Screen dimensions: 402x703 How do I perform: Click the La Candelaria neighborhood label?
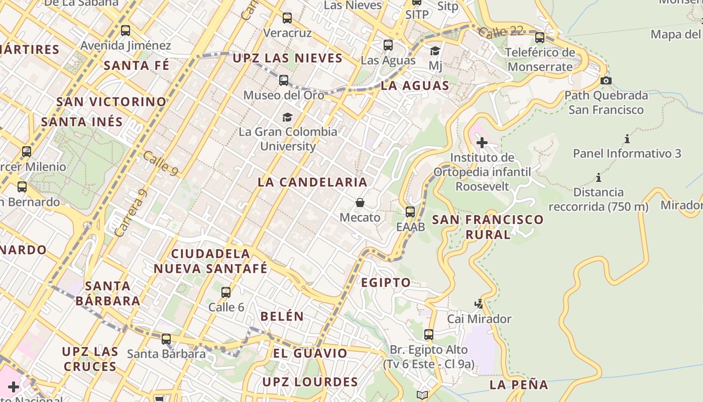(x=312, y=182)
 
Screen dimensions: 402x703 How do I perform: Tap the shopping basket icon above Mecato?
(x=360, y=203)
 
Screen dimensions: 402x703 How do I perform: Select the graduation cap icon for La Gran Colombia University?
(x=287, y=117)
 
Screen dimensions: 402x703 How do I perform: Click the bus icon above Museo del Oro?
(x=284, y=80)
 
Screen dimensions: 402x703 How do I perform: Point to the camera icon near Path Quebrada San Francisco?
(x=606, y=80)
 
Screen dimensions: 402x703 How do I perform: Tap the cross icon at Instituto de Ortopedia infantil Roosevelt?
(x=482, y=143)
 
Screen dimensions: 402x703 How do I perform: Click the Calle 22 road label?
(x=500, y=32)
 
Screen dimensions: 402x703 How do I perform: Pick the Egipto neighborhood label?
(x=386, y=282)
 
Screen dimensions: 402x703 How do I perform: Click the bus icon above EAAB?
(x=410, y=212)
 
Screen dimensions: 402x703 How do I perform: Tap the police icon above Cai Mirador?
(x=479, y=304)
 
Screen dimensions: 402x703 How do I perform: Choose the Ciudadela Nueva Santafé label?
(x=210, y=261)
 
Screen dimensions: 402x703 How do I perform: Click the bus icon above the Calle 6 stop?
(x=226, y=292)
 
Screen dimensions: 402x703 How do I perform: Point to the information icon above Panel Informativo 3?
(x=627, y=139)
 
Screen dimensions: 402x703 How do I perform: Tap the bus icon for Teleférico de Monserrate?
(x=540, y=37)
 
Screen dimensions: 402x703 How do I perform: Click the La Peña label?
(x=519, y=385)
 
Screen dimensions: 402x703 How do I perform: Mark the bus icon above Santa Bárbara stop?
(x=166, y=339)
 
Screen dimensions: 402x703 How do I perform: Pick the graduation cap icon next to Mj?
(x=435, y=51)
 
